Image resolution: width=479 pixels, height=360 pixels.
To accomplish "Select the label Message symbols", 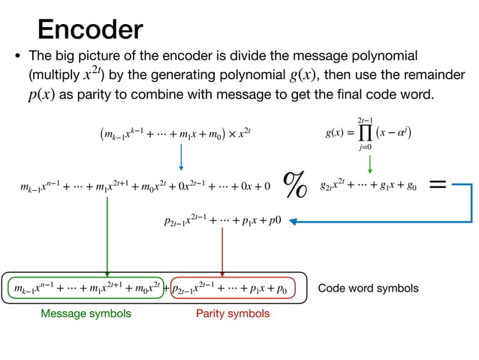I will [86, 313].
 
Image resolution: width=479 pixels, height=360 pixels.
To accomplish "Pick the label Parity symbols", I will [232, 313].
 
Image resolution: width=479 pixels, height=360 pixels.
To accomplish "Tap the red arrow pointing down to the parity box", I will [223, 252].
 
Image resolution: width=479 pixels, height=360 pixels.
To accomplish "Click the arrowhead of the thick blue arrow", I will [295, 221].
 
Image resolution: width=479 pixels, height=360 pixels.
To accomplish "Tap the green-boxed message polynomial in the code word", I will [87, 288].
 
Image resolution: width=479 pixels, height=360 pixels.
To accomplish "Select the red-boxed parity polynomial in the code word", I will [233, 288].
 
